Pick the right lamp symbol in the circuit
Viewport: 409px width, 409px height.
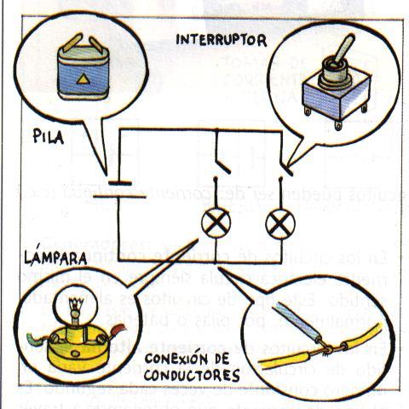coord(279,226)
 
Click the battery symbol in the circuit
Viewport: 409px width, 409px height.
coord(118,186)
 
